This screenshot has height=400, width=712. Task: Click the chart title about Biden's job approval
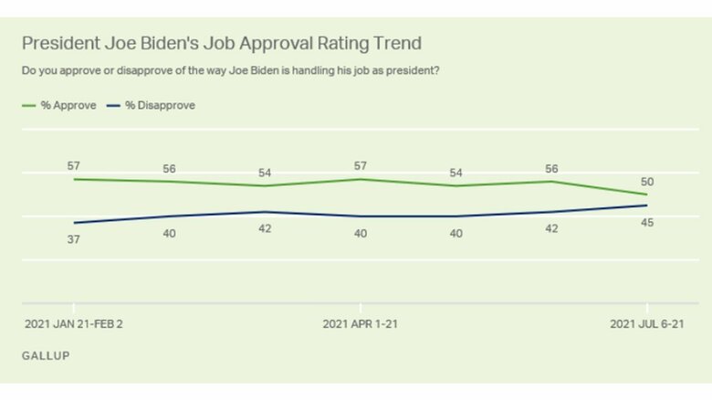(222, 43)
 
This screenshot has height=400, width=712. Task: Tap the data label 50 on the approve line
(647, 182)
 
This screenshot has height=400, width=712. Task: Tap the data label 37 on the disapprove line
(74, 239)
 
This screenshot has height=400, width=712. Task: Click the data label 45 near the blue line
(647, 222)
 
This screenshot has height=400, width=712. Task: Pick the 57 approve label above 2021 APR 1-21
(361, 164)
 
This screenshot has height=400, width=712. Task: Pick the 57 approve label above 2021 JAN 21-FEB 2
(74, 164)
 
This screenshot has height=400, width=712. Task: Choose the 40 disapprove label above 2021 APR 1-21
(361, 234)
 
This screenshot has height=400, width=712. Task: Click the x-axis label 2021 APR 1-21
(361, 324)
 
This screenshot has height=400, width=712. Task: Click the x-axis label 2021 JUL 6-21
(647, 324)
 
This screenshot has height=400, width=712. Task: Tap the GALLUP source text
(45, 353)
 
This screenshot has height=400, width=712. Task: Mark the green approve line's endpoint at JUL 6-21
(647, 195)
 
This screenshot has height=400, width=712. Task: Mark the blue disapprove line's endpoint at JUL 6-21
(647, 205)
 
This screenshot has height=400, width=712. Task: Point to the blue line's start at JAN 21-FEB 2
(74, 223)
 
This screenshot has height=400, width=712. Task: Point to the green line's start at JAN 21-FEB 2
(74, 179)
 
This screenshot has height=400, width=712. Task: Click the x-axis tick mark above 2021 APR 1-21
(361, 308)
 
